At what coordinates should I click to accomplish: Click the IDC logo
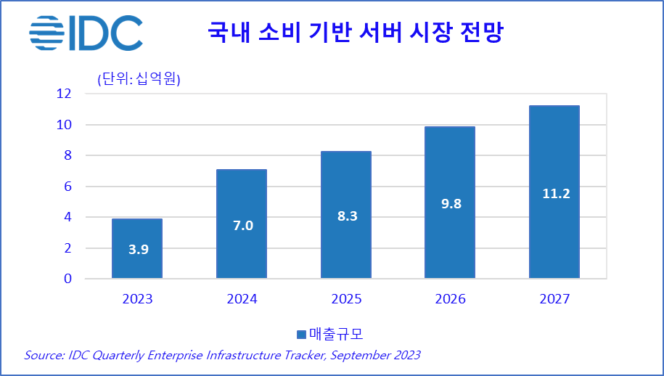coord(86,33)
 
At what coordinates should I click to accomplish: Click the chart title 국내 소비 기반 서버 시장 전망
coord(355,33)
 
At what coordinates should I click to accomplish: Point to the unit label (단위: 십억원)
coord(139,79)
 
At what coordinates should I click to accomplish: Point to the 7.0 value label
coord(242,226)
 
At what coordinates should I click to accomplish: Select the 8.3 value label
coord(347,216)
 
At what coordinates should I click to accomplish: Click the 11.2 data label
coord(555,193)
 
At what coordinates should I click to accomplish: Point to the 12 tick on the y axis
coord(64,94)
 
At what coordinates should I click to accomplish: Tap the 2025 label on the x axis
coord(346,298)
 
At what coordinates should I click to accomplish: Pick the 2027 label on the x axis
coord(554,298)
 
